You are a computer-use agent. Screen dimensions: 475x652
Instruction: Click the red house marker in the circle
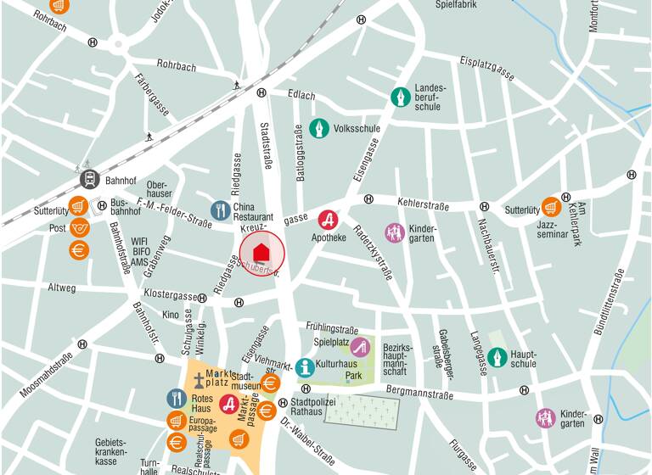(x=261, y=253)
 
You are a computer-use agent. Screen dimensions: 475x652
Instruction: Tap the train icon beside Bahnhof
(x=90, y=180)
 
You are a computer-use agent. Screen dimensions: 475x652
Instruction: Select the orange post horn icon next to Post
(x=79, y=227)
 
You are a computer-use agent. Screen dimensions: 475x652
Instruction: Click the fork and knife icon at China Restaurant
(x=221, y=210)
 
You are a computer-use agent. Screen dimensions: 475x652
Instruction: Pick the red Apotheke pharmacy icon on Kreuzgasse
(x=329, y=220)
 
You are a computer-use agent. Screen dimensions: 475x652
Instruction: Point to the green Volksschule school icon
(x=319, y=129)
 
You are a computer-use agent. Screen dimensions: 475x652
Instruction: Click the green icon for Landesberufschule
(x=400, y=98)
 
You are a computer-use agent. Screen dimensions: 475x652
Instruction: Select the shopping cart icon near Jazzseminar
(x=552, y=207)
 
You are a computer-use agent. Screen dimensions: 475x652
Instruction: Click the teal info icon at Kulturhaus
(x=305, y=367)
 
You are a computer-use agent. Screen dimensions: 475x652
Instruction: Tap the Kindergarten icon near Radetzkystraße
(x=395, y=232)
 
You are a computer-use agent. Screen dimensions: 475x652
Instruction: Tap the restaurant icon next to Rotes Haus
(x=177, y=399)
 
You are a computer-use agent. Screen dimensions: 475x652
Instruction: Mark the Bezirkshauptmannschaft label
(x=396, y=360)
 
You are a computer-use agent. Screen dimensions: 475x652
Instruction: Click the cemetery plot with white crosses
(x=362, y=412)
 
